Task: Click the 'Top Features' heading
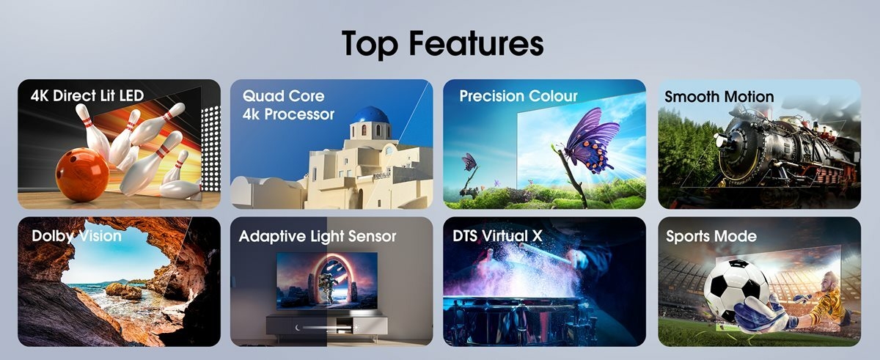click(443, 43)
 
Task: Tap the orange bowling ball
click(81, 175)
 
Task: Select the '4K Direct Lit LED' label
click(87, 95)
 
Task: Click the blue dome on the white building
click(370, 115)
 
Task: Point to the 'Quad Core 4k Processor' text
click(288, 105)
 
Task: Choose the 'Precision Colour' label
click(518, 96)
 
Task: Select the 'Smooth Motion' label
click(719, 96)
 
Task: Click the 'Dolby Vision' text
click(76, 236)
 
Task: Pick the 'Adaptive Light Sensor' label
click(318, 236)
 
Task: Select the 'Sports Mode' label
click(711, 236)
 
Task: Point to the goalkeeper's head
click(829, 279)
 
